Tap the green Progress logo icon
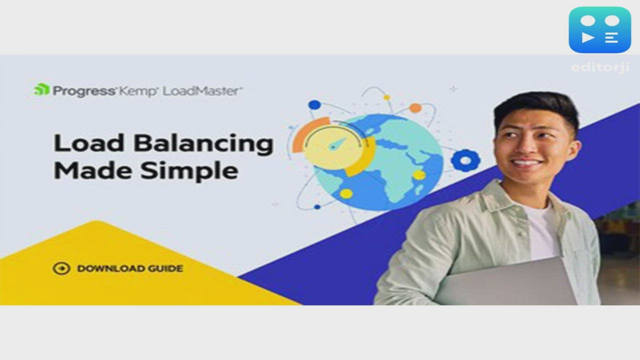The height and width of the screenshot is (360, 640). [x=41, y=90]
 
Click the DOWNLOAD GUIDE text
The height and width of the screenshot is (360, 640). [x=130, y=268]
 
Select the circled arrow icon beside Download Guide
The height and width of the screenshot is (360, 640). [x=61, y=268]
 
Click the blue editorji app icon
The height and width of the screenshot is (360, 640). [x=599, y=29]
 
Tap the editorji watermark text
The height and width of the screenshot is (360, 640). [x=600, y=67]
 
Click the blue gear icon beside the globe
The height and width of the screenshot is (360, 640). [x=465, y=160]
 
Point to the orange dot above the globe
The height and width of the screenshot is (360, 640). [x=415, y=108]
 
